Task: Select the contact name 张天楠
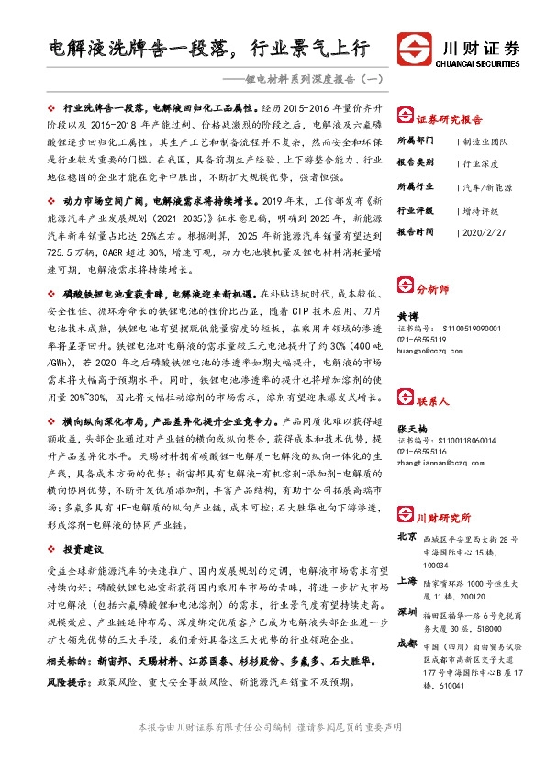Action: pyautogui.click(x=411, y=429)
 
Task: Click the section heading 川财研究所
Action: pyautogui.click(x=440, y=518)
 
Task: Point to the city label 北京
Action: pyautogui.click(x=406, y=536)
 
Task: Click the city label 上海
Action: pyautogui.click(x=406, y=580)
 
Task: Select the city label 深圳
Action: pyautogui.click(x=406, y=611)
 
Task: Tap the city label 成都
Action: pyautogui.click(x=406, y=644)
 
